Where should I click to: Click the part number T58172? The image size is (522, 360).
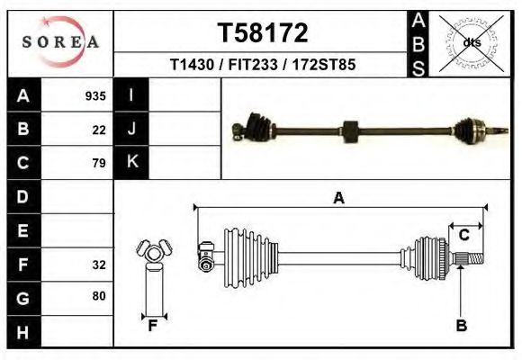click(x=263, y=33)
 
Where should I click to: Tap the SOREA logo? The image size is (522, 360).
click(x=61, y=42)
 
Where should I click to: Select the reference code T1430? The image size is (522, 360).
click(x=192, y=66)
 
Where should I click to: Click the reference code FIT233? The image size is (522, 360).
click(x=252, y=66)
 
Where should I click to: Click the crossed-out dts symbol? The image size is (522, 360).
click(x=467, y=42)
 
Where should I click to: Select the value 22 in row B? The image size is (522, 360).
click(x=99, y=130)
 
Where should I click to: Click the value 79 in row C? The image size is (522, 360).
click(x=99, y=163)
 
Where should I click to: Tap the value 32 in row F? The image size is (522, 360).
click(x=99, y=265)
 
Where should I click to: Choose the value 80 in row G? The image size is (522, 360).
click(x=99, y=296)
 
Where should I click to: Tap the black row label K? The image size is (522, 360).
click(x=131, y=162)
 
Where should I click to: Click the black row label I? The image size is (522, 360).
click(x=131, y=95)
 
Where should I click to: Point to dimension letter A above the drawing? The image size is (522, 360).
click(x=338, y=199)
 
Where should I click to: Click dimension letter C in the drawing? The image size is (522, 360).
click(x=463, y=236)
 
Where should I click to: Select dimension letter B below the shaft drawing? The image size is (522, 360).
click(x=461, y=327)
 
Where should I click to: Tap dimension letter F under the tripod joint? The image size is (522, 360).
click(x=153, y=327)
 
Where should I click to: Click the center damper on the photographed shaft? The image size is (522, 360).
click(x=351, y=130)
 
